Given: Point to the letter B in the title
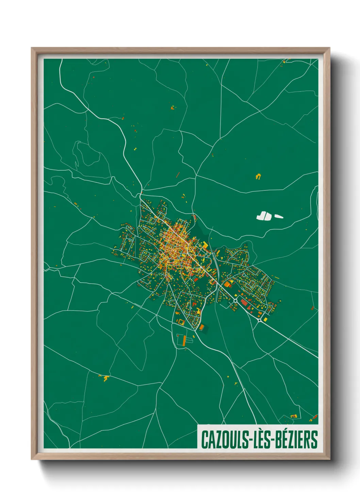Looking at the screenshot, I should coord(274,439).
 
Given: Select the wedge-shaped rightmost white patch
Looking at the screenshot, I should coord(279,216).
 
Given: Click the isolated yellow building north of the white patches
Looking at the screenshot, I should coord(258,176).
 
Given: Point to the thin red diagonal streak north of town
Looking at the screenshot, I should coord(177,175).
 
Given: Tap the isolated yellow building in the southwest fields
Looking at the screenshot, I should coord(106,378).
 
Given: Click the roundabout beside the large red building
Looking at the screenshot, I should coord(235,300).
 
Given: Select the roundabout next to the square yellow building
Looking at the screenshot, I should coord(260,320).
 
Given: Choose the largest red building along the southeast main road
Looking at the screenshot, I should coord(244,302).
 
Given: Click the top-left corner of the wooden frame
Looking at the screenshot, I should coord(32,48).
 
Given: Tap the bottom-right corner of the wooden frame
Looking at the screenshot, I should coord(330,459).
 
